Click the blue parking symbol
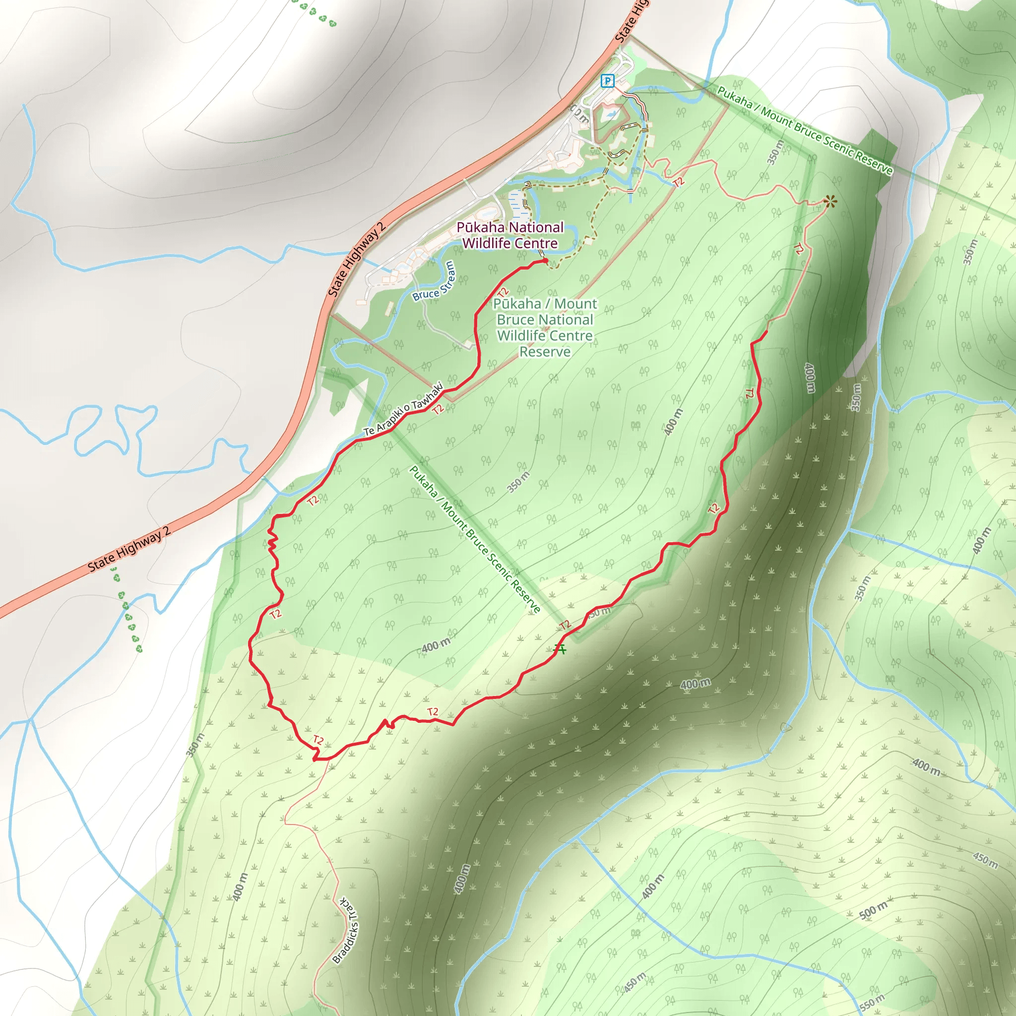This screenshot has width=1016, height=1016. coord(607,81)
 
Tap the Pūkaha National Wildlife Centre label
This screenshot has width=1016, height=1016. coord(509,235)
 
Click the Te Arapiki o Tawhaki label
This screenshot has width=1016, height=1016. coord(403,409)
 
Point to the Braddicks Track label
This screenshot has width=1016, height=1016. coord(346,930)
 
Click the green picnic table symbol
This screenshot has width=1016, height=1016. coord(561,649)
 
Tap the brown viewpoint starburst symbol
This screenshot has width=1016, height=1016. coord(830,201)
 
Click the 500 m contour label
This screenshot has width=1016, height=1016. coord(873,910)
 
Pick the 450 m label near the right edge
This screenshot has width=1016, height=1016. coord(985,860)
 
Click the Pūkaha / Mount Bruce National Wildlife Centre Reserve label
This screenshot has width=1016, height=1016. coord(545,327)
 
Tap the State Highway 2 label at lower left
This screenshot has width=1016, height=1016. coord(129,549)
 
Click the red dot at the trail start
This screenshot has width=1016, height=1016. coord(545,260)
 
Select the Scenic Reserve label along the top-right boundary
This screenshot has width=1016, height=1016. coord(805,130)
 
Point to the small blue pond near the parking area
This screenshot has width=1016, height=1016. coord(610,114)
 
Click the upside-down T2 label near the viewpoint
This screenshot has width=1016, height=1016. coord(799,249)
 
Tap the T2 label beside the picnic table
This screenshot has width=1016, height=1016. coord(565,625)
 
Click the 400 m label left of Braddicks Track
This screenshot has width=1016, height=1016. coord(240,887)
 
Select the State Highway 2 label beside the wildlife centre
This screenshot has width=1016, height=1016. coord(357,259)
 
